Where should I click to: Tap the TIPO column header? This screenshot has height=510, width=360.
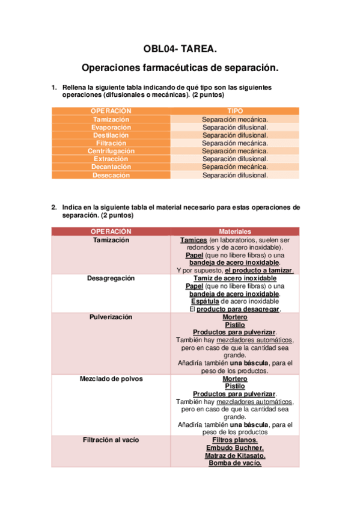point(235,111)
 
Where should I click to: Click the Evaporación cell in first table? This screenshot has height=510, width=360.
point(111,127)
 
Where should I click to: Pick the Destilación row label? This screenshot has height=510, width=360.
point(111,135)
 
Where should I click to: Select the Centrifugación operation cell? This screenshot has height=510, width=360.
point(111,151)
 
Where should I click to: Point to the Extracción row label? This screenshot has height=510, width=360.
point(111,159)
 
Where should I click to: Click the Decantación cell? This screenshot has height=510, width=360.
point(111,167)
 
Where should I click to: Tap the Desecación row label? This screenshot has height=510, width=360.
point(111,175)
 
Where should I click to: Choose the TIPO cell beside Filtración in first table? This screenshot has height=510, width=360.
point(235,143)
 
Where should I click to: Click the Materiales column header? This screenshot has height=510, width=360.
point(235,232)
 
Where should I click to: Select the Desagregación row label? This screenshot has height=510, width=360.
point(111,278)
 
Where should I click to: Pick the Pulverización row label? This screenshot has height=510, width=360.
point(111,317)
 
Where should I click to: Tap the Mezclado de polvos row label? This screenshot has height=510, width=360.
point(111,379)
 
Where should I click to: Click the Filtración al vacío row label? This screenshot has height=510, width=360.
point(111,440)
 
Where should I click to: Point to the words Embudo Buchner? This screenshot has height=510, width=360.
point(235,448)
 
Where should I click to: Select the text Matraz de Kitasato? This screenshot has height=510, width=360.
point(235,456)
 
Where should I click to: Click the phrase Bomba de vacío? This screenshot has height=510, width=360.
point(235,463)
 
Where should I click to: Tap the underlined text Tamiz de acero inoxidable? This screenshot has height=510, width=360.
point(235,278)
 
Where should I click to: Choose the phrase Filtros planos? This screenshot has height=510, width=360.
point(235,440)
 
